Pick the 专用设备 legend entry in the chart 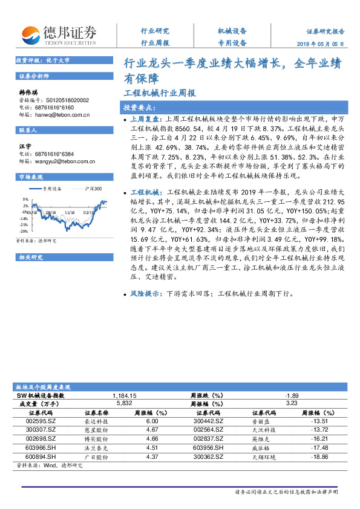(x=51, y=188)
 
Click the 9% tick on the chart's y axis (x=26, y=198)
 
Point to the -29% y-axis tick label (x=24, y=231)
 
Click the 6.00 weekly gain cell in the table (x=152, y=421)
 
